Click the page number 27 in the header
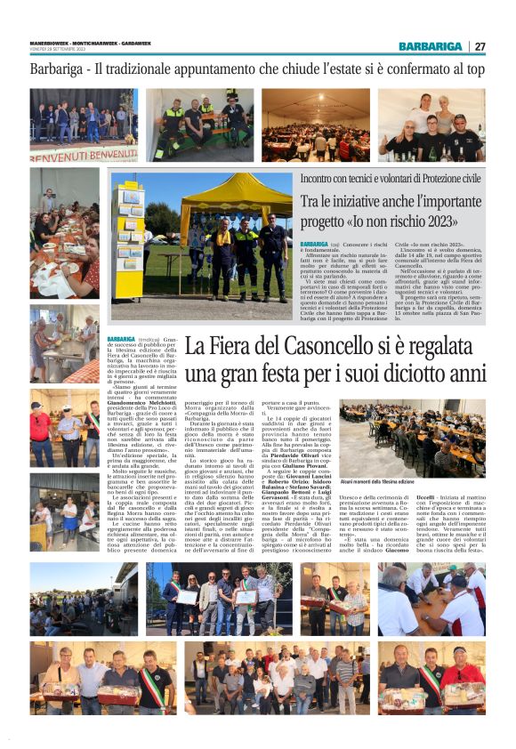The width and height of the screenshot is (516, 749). [480, 46]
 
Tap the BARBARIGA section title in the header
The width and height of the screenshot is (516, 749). [430, 46]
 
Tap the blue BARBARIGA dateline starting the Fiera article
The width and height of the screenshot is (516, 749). [122, 339]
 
